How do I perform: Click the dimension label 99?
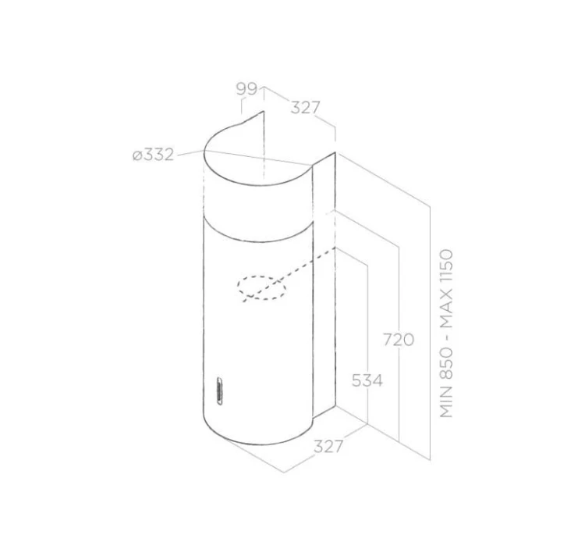coord(246,89)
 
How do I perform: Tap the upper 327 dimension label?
coord(306,108)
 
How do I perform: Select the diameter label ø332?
coord(154,155)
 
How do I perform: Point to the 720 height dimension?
coord(399,340)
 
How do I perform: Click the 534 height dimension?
coord(367,380)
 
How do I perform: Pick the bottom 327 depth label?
coord(328,446)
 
